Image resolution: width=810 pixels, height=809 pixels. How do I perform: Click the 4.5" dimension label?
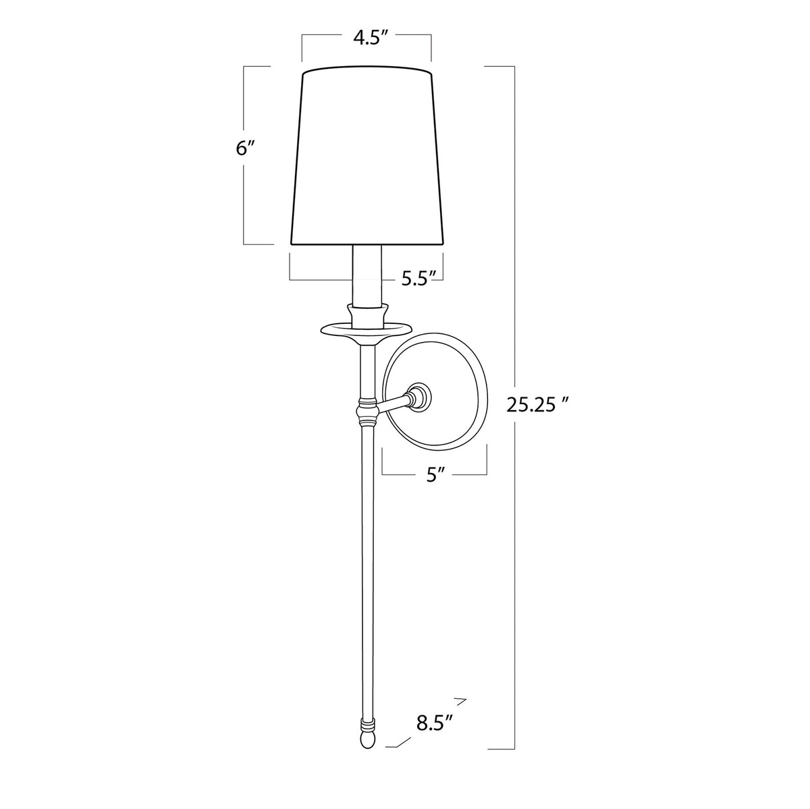click(x=366, y=38)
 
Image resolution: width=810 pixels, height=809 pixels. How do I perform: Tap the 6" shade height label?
click(x=244, y=149)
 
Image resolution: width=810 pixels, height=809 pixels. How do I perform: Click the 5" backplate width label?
click(x=435, y=475)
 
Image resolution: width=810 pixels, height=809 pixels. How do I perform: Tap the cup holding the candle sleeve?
click(x=367, y=313)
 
